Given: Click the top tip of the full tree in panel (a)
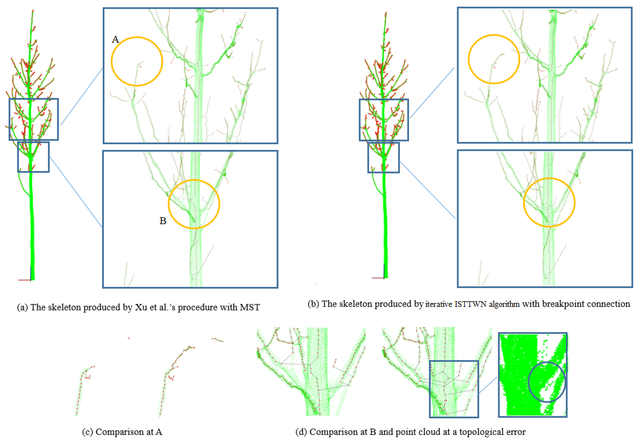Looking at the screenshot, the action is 33,10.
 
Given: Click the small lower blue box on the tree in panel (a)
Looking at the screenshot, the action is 18,157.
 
